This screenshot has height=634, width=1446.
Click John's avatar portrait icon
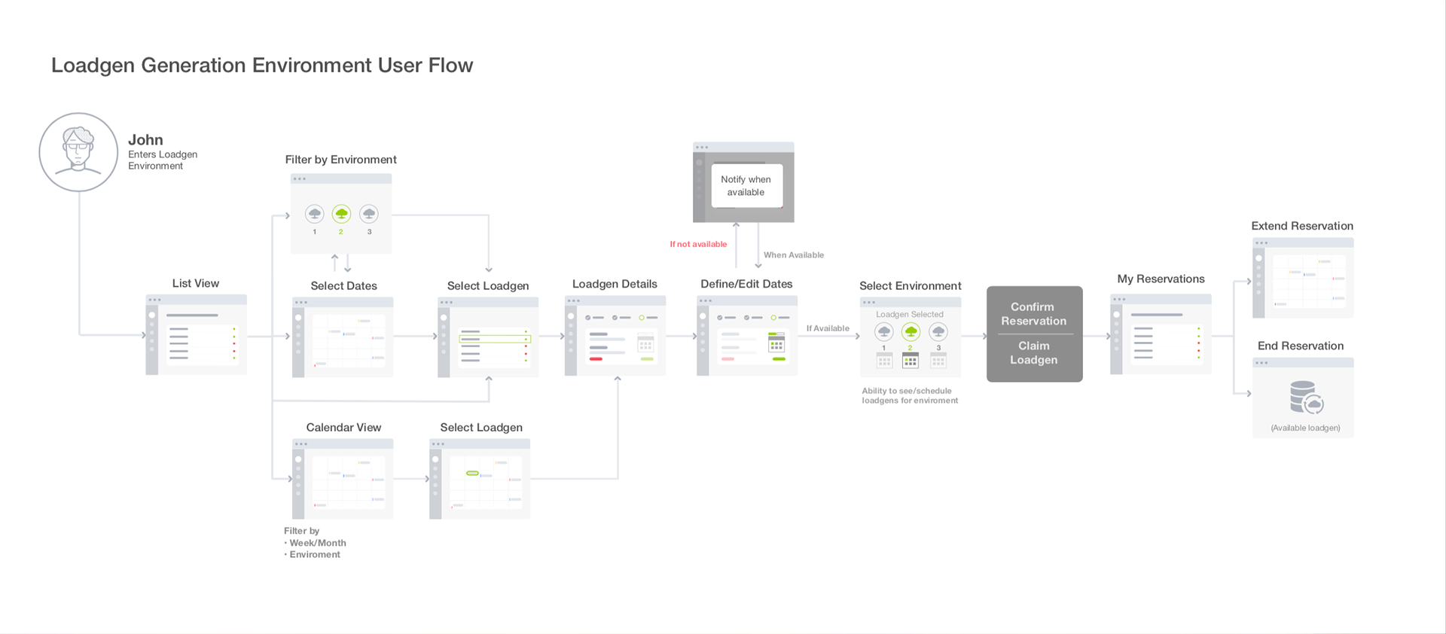[78, 152]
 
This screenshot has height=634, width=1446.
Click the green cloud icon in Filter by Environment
[341, 214]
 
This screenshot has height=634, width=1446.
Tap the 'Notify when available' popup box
[746, 186]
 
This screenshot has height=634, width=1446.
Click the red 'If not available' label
[698, 244]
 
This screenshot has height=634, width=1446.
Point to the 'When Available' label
[794, 255]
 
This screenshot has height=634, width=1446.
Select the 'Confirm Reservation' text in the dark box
[1033, 314]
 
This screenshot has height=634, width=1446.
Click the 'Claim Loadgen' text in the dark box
[1033, 352]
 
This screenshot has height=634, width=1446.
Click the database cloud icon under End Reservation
[1306, 398]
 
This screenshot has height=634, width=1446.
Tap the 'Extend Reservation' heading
[1302, 226]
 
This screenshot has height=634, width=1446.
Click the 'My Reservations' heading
[1161, 279]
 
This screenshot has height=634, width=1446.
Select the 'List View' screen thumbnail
[196, 334]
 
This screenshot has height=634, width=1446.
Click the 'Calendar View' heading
[343, 428]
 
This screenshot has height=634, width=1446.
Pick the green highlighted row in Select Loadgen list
[495, 340]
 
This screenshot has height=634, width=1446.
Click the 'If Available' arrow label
[828, 328]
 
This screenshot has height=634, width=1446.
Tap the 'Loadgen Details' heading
[615, 284]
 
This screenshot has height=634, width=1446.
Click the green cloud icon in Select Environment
[911, 331]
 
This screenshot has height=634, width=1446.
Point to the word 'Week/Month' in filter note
[318, 543]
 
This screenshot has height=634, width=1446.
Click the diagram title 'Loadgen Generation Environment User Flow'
[262, 66]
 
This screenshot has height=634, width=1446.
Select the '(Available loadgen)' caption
[1305, 428]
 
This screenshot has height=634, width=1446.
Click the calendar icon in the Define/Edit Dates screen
[776, 343]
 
